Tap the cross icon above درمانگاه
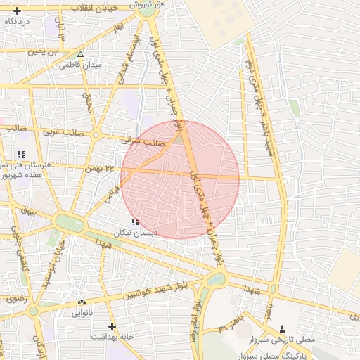click(x=18, y=11)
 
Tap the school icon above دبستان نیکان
click(x=135, y=221)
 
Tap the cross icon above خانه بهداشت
click(x=111, y=326)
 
